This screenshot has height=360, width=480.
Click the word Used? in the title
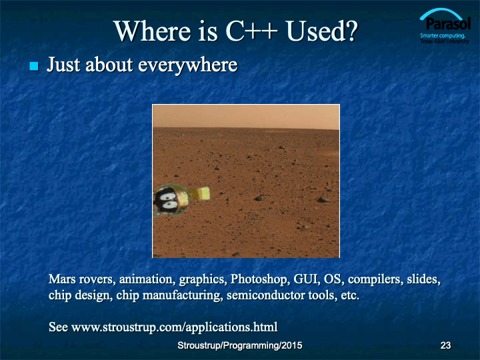click(322, 31)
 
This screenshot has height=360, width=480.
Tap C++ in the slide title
click(251, 31)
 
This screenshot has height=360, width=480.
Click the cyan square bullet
click(34, 66)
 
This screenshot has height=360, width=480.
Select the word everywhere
click(187, 65)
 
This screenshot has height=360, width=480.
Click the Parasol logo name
click(448, 23)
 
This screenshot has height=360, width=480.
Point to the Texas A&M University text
click(445, 41)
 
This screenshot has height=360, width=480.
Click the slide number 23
click(445, 345)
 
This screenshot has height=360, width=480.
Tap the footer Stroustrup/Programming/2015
click(240, 345)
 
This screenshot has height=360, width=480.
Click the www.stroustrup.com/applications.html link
click(175, 327)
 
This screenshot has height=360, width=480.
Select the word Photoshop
click(259, 279)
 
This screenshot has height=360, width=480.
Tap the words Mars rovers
click(82, 279)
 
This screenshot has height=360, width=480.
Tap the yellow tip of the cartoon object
click(203, 194)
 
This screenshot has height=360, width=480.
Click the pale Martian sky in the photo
click(246, 116)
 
